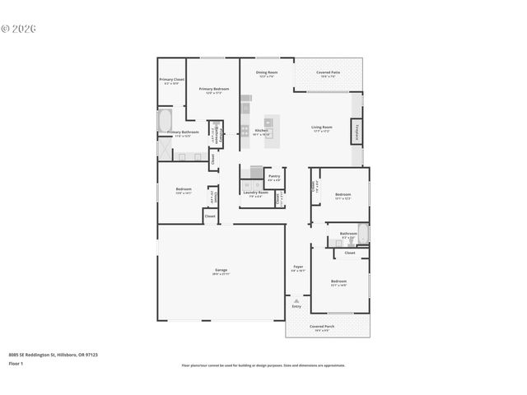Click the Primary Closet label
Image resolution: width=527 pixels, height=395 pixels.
tap(171, 81)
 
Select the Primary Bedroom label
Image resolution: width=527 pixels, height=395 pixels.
tap(212, 90)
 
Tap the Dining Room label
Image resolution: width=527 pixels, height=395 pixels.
tap(266, 73)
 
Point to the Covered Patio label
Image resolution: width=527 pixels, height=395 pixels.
tap(328, 73)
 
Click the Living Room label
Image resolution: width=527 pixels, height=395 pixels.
tap(321, 128)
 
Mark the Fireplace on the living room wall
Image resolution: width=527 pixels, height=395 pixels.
tap(357, 131)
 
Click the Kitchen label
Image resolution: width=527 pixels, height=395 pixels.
tap(262, 132)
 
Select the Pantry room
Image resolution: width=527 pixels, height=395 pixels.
tap(274, 177)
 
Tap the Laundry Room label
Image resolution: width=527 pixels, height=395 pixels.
tap(255, 194)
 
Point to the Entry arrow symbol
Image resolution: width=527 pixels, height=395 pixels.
tap(296, 301)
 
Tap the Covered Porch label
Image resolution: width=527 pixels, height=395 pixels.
tap(320, 328)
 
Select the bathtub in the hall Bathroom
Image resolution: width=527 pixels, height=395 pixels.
tap(363, 235)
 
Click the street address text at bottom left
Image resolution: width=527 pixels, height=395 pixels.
tap(53, 355)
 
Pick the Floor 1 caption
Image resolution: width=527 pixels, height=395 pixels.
tap(16, 362)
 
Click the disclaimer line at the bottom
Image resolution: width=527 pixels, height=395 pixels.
tap(263, 365)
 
